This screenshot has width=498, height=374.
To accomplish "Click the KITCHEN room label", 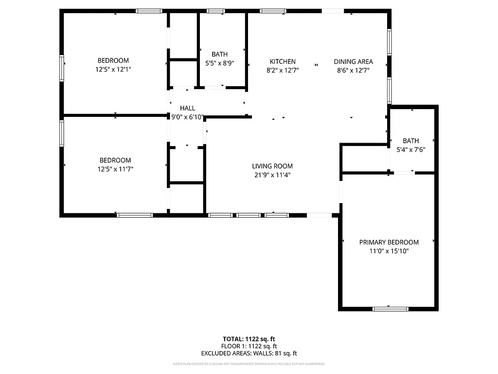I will click(x=283, y=61).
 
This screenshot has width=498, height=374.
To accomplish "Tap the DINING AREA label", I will click(x=353, y=61).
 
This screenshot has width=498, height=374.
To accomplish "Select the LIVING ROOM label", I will click(x=272, y=166).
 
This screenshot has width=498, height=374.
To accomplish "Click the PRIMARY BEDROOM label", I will click(x=389, y=242).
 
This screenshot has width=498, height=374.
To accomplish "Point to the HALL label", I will click(x=187, y=108).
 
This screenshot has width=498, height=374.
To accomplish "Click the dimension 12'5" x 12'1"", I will click(x=113, y=70).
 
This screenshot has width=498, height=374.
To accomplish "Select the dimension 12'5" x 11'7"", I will click(x=115, y=169).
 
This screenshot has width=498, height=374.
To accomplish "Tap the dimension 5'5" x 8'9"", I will click(x=219, y=63).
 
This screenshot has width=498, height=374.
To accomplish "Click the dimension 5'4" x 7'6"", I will click(x=410, y=150).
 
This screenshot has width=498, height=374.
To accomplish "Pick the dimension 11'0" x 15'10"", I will click(x=389, y=251).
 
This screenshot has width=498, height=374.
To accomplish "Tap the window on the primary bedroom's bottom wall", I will click(x=390, y=308).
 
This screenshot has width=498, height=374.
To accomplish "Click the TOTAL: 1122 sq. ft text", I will click(x=249, y=339).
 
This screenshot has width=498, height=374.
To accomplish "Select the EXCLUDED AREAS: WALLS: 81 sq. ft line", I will click(x=249, y=354).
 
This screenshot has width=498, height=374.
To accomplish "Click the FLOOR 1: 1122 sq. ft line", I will click(x=249, y=346).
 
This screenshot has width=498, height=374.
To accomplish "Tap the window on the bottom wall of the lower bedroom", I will click(x=135, y=215).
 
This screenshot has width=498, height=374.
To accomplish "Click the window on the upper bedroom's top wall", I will click(x=149, y=10).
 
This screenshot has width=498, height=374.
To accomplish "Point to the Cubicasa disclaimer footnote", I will click(x=249, y=364).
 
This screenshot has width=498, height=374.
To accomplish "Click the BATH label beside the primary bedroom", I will click(x=410, y=141).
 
